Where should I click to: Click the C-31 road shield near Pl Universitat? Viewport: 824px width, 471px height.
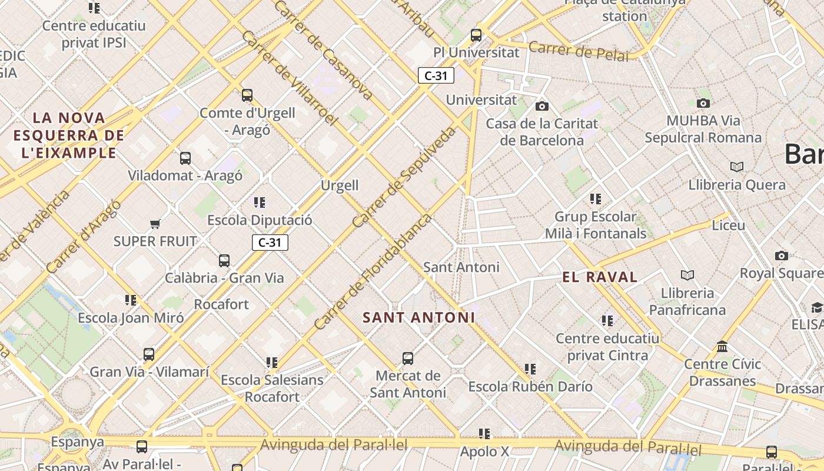[436, 75]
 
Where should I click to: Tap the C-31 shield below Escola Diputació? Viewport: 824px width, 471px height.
[270, 243]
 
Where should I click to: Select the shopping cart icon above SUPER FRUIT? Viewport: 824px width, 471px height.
[155, 224]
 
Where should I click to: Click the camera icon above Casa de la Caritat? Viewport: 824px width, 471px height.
[542, 106]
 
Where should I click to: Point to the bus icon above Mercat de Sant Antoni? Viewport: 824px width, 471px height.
[408, 358]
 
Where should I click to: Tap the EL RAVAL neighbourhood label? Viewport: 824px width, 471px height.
[600, 277]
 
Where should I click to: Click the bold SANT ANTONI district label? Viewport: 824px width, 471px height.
[418, 317]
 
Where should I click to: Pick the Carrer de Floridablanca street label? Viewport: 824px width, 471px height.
[373, 271]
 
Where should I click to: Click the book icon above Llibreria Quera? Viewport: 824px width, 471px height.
[736, 167]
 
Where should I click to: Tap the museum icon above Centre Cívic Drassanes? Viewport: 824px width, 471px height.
[722, 346]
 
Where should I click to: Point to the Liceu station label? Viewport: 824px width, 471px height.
[728, 225]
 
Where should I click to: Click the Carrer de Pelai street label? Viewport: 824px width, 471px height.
[579, 51]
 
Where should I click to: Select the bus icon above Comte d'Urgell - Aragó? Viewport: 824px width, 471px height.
[247, 95]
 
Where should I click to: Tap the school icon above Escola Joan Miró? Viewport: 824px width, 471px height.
[131, 300]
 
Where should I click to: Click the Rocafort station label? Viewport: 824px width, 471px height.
[221, 304]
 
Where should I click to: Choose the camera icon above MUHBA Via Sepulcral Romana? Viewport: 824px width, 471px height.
[703, 103]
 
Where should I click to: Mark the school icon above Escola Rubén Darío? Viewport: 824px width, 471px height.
[530, 369]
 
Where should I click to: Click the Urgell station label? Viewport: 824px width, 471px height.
[340, 185]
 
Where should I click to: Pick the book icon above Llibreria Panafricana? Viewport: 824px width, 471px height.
[687, 275]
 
